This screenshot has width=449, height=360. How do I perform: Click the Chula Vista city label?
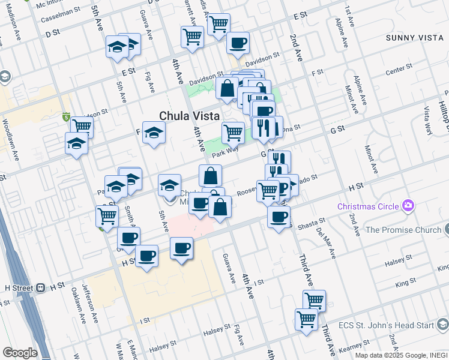(189, 116)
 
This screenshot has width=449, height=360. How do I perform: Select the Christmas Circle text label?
(368, 206)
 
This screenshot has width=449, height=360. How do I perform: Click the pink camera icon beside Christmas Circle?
(409, 206)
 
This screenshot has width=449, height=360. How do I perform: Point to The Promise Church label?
(403, 230)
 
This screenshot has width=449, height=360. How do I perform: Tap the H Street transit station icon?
(41, 287)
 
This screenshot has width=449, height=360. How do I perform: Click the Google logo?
(19, 353)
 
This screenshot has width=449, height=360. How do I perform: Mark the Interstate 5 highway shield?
(66, 116)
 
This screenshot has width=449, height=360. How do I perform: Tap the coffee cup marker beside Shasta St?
(279, 217)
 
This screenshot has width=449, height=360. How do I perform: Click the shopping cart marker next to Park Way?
(233, 131)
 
